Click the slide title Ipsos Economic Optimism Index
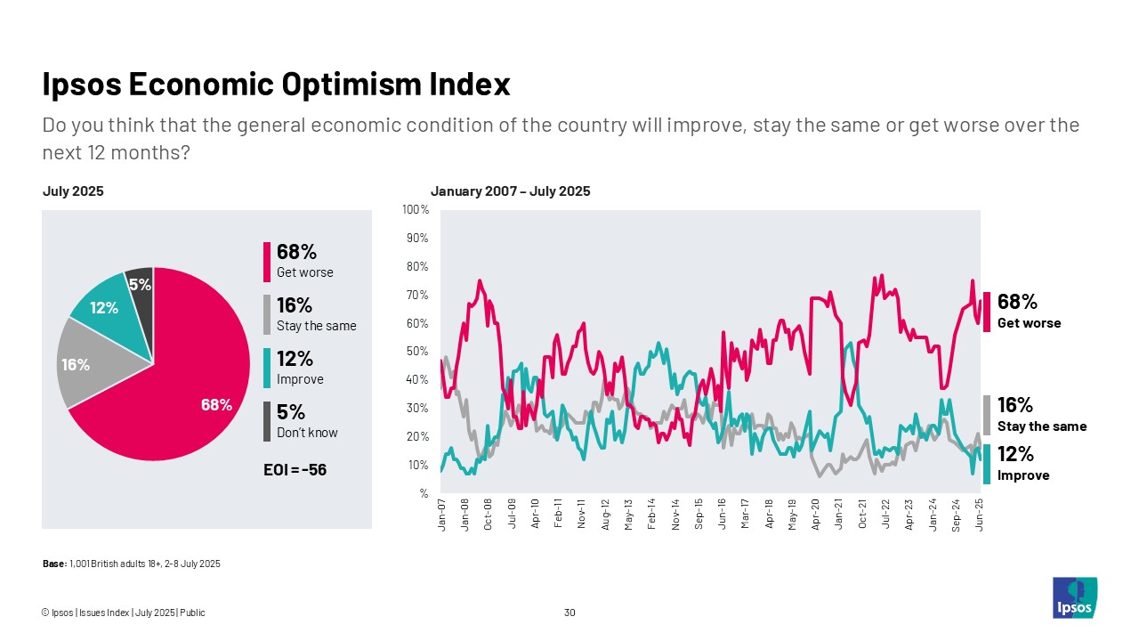276,85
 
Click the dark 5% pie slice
141,284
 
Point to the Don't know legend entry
307,433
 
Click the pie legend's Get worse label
304,272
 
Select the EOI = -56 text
295,469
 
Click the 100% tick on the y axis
416,210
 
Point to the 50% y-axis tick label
417,352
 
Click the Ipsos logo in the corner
1074,597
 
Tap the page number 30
569,613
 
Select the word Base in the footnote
53,564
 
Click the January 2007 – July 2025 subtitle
510,191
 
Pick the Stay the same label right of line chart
1041,426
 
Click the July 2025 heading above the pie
73,191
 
